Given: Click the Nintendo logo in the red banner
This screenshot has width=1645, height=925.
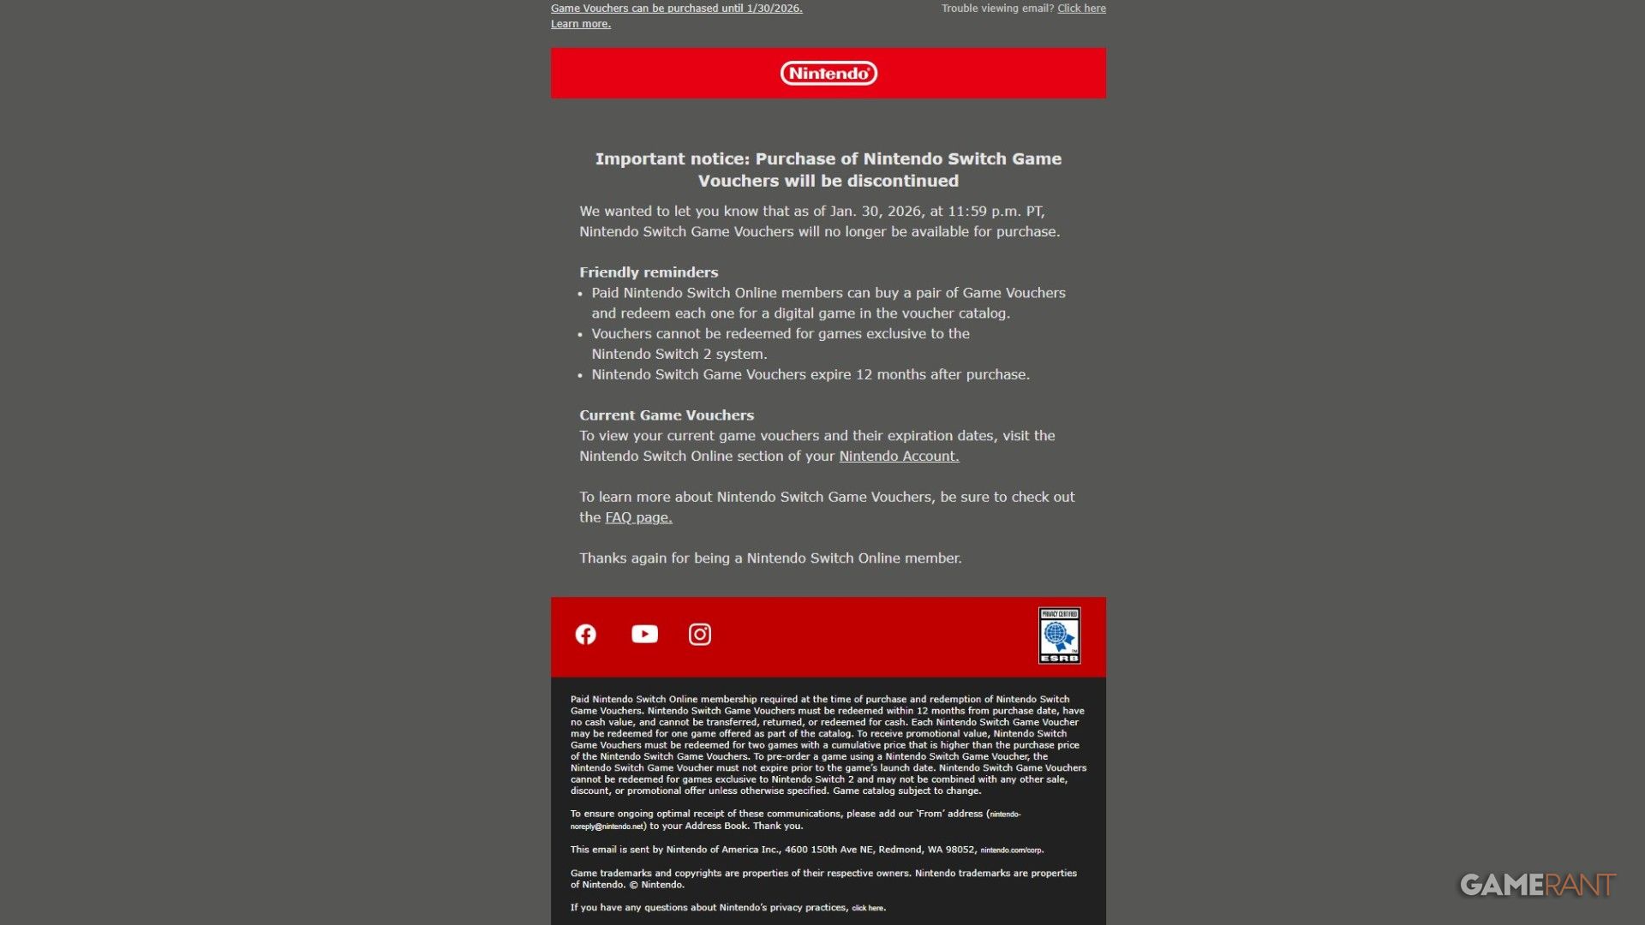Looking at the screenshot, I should click(828, 74).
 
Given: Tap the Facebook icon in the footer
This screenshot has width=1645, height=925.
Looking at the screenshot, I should click(586, 635).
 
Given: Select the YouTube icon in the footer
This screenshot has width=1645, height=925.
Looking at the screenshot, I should click(644, 634).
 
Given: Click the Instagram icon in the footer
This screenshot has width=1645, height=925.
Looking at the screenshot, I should click(700, 635).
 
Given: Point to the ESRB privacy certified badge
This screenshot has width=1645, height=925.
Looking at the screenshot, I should click(1059, 636).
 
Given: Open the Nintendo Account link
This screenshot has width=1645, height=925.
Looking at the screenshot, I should click(899, 457).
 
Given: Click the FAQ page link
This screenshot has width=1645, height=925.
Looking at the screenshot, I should click(638, 517).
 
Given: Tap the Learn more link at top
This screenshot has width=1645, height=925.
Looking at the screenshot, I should click(581, 24).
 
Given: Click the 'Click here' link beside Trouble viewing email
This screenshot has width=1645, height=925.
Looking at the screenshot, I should click(1081, 9).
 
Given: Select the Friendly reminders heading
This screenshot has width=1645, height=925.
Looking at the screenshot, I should click(649, 272).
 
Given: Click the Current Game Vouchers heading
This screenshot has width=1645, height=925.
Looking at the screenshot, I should click(667, 415).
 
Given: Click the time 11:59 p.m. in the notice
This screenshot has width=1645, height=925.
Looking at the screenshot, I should click(984, 212).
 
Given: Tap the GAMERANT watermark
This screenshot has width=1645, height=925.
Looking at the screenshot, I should click(1537, 885).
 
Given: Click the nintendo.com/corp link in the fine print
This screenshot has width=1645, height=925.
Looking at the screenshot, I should click(1011, 850).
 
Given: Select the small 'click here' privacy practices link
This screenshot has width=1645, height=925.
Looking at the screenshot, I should click(867, 908).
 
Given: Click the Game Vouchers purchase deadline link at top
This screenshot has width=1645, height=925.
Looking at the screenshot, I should click(676, 9).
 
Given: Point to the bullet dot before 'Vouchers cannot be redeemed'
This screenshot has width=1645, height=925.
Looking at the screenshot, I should click(580, 335).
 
